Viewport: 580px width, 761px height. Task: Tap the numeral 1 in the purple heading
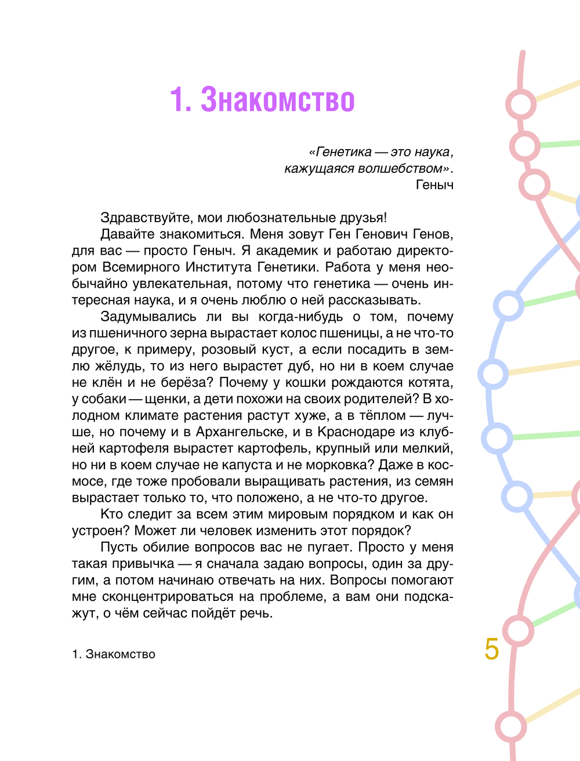[x=176, y=100]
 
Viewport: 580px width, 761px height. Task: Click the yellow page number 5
[x=491, y=648]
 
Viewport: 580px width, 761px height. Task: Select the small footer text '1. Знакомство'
[x=114, y=654]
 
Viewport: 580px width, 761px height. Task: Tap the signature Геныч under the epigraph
[x=434, y=185]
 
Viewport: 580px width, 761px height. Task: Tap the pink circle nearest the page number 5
[x=517, y=630]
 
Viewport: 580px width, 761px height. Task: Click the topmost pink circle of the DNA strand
[x=520, y=105]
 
